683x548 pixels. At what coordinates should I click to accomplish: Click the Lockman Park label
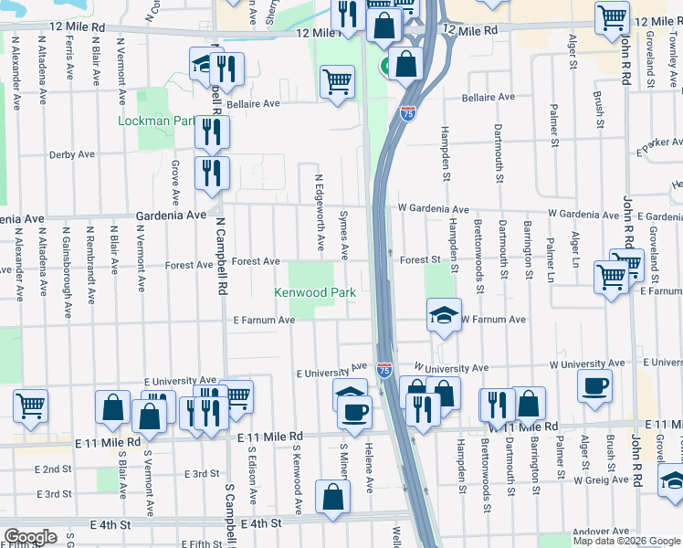(x=157, y=121)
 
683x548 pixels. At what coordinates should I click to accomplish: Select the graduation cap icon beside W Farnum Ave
(x=443, y=316)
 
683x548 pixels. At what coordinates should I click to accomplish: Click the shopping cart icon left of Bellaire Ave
(x=337, y=82)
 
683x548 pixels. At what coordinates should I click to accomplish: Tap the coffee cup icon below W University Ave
(x=594, y=385)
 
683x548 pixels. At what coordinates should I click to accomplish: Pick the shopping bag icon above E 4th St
(x=333, y=496)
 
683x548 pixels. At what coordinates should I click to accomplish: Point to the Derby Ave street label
(x=72, y=155)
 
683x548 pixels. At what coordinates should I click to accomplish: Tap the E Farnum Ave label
(x=264, y=321)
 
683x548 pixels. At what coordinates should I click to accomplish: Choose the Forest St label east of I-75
(x=420, y=260)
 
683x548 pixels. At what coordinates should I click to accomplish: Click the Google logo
(x=29, y=537)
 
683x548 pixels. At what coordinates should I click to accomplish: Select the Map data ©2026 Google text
(x=626, y=541)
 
